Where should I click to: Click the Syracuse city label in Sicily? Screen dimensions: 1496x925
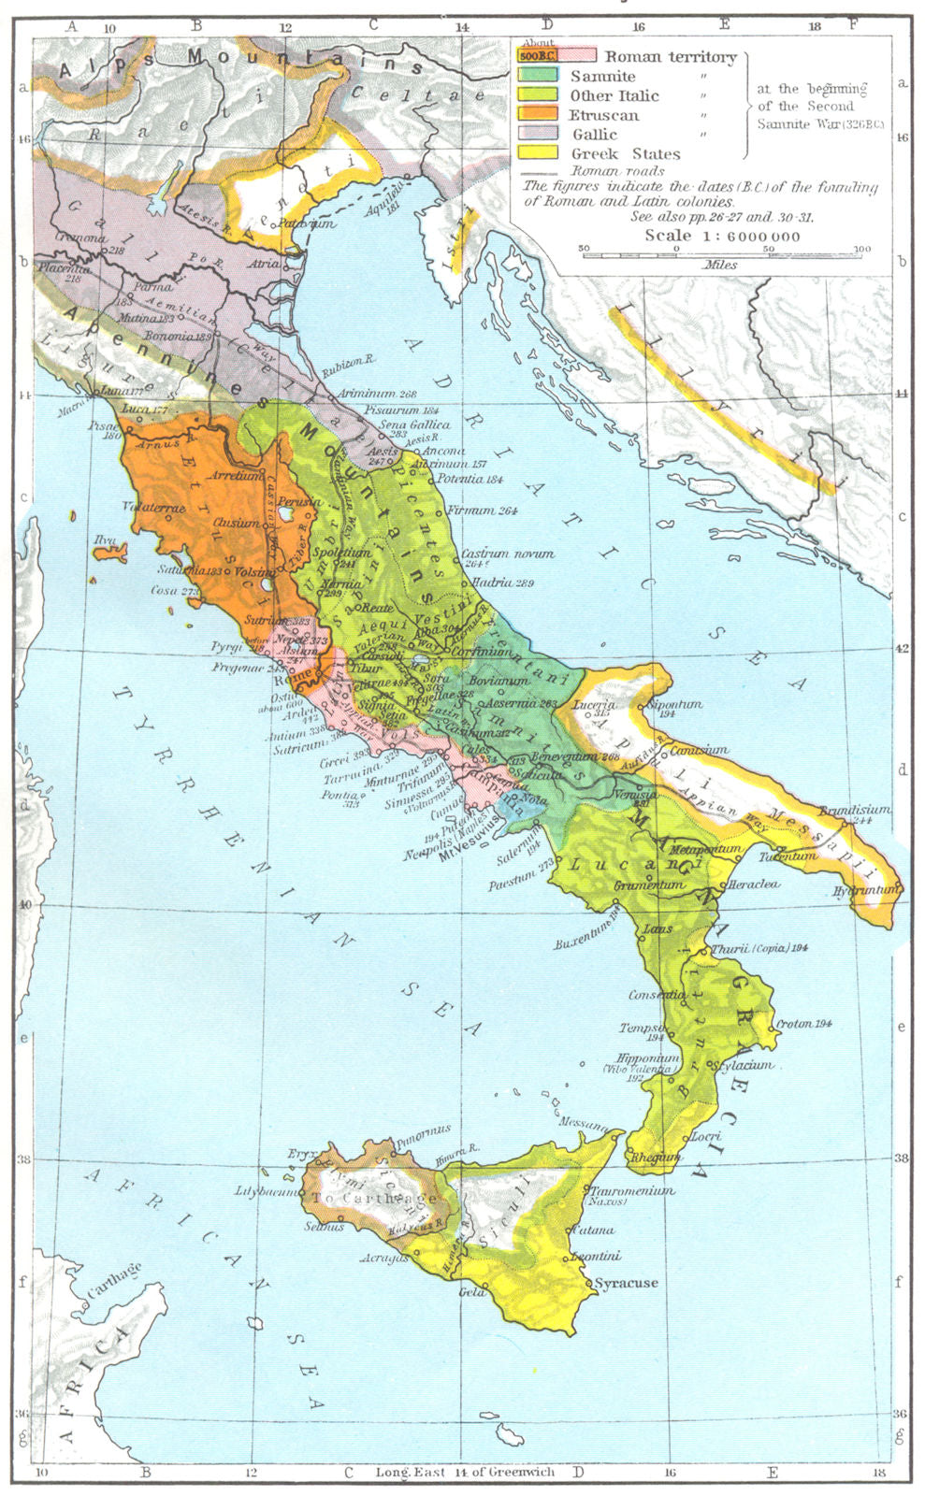coord(626,1283)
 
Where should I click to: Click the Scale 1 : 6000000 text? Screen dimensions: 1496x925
coord(722,236)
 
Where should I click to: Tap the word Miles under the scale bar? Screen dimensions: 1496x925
coord(722,265)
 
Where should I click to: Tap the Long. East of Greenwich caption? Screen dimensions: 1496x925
coord(465,1472)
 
